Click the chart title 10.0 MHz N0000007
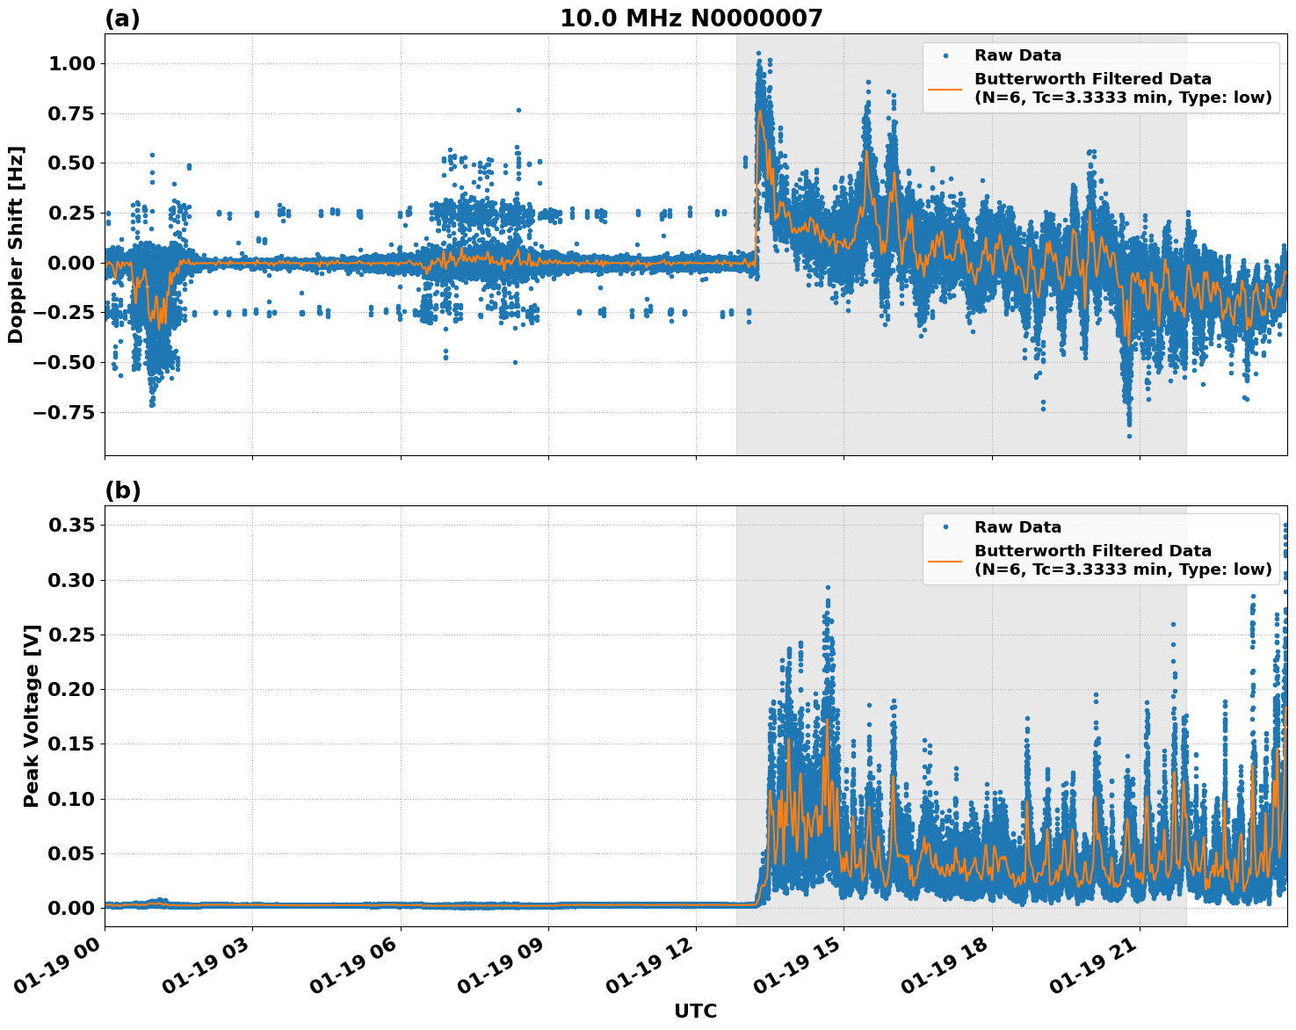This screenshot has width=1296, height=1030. (691, 18)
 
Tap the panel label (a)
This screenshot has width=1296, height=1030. (122, 18)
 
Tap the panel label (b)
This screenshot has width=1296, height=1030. (122, 490)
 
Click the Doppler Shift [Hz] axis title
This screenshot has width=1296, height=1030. (16, 244)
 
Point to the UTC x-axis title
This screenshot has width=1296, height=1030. (695, 1011)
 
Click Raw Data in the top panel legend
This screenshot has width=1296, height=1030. (1017, 55)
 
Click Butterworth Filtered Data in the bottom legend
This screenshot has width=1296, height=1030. (1093, 551)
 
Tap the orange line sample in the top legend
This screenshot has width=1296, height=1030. (945, 88)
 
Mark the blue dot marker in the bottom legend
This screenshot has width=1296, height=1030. (945, 527)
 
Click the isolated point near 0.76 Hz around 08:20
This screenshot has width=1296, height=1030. (518, 111)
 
